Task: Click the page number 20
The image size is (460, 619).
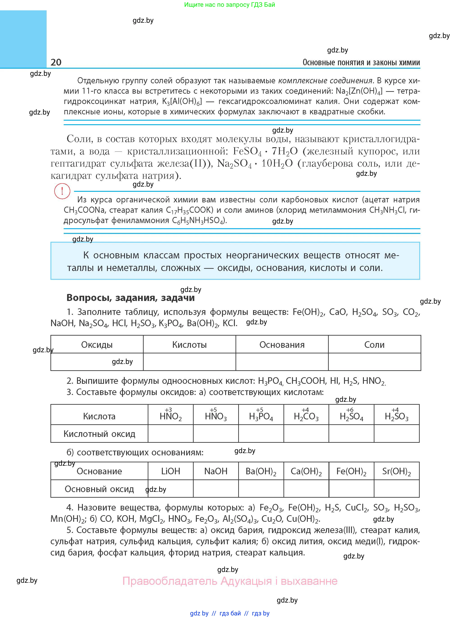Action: coord(56,62)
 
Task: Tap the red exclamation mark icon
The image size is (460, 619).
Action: coord(62,191)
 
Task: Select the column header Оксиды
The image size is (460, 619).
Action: coord(97,345)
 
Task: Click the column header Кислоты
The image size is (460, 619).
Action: coord(189,345)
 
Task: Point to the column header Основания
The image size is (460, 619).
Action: coord(282,345)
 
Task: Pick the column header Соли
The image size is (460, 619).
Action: coord(374,345)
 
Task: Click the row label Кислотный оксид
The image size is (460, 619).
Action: coord(99,434)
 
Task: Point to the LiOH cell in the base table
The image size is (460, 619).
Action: coord(170,471)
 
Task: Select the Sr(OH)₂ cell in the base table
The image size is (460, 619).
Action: coord(397,471)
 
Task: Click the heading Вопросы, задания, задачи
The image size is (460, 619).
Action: coord(130,298)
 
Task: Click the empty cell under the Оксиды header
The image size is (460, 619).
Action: coord(97,362)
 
